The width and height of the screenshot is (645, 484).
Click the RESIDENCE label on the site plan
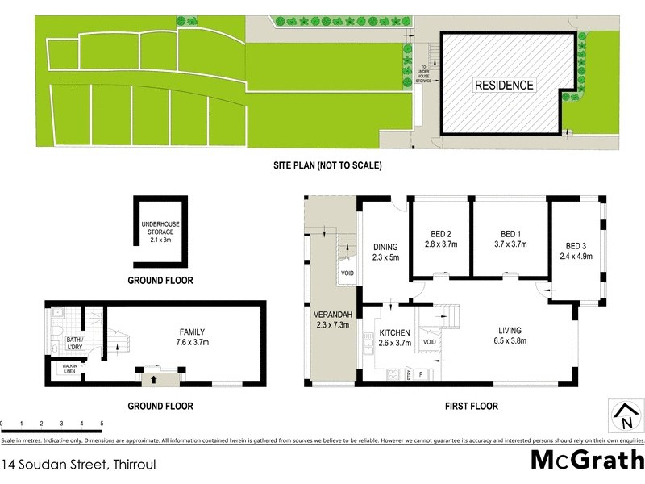point(503,85)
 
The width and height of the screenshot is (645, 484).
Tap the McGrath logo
point(587,461)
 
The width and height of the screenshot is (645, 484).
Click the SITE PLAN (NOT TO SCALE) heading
point(327,165)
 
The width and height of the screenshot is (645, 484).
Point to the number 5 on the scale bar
point(102,423)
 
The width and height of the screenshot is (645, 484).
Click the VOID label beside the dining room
point(347,273)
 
